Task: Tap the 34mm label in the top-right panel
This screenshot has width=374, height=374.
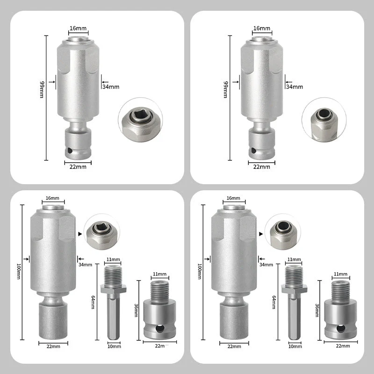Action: (x=294, y=86)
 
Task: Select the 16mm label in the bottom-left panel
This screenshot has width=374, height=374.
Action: (x=52, y=198)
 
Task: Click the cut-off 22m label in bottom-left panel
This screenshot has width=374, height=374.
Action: (x=162, y=346)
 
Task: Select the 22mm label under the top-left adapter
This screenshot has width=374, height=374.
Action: (x=78, y=166)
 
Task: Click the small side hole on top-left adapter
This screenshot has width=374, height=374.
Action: (x=69, y=151)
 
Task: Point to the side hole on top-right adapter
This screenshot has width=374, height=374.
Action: (x=253, y=151)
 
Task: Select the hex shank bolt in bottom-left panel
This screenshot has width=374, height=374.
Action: (x=114, y=304)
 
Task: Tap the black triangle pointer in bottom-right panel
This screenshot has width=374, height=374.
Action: (x=261, y=232)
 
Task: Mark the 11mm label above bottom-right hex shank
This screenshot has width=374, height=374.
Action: (x=293, y=259)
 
